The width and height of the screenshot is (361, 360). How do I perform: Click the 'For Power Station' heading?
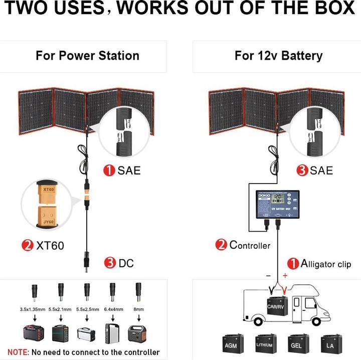87,56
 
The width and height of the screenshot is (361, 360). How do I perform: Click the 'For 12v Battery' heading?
278,56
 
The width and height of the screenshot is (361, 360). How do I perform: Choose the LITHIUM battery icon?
265,345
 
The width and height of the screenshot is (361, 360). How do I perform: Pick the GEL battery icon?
296,345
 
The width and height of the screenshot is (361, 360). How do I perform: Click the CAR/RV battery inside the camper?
276,305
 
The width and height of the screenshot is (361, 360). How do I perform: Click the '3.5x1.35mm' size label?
31,309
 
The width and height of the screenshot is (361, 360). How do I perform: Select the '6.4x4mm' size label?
113,309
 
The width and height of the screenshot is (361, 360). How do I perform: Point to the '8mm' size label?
137,309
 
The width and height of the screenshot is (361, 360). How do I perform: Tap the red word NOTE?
18,352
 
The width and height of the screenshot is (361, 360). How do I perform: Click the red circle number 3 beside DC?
110,262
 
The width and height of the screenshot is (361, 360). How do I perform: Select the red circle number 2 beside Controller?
221,245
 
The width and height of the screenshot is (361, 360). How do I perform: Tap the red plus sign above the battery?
285,275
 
